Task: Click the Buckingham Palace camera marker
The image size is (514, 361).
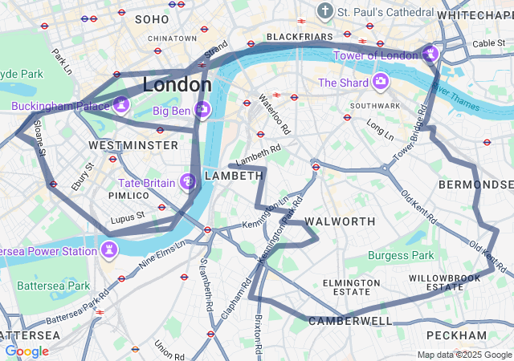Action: point(121,104)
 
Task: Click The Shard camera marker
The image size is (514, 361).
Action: point(380,82)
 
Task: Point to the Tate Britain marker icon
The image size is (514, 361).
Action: point(189,183)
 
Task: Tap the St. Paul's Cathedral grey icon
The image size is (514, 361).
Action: point(325,11)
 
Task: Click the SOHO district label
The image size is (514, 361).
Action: point(152,18)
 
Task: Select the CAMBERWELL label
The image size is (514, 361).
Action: point(351,321)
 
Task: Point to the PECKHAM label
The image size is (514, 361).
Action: point(456,335)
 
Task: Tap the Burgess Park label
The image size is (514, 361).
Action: point(401,256)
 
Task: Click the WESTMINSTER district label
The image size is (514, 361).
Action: point(133,145)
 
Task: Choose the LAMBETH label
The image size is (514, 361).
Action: point(234,176)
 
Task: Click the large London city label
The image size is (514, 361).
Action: point(177,84)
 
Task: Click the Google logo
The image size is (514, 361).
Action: point(27,351)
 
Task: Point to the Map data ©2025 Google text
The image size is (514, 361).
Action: point(463,355)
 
